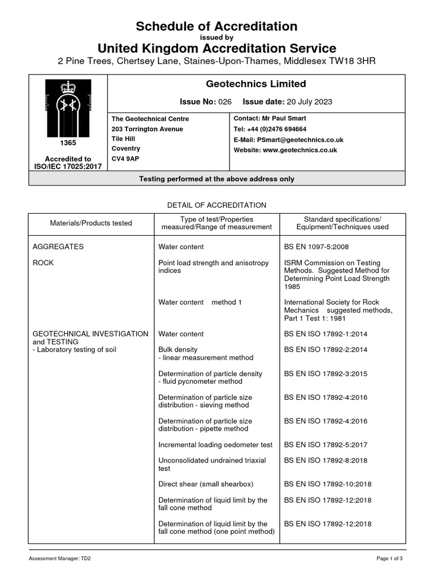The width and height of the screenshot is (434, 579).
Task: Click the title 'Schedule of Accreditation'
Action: (x=217, y=26)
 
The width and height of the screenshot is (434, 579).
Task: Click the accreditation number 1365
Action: (x=68, y=144)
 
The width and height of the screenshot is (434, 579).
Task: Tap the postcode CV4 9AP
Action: (x=125, y=159)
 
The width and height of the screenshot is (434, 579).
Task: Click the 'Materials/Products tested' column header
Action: (x=91, y=223)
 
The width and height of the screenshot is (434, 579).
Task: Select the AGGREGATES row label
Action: (x=58, y=247)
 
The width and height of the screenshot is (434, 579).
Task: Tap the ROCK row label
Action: (x=43, y=262)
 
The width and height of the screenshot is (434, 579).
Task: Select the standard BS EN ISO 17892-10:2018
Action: (x=327, y=484)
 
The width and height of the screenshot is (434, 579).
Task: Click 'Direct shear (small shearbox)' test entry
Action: (x=206, y=484)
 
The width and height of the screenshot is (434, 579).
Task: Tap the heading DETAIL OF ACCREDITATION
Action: (x=217, y=205)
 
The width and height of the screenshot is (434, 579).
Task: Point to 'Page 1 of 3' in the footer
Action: (x=389, y=559)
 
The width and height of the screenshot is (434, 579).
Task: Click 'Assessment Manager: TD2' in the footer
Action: (x=60, y=559)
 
